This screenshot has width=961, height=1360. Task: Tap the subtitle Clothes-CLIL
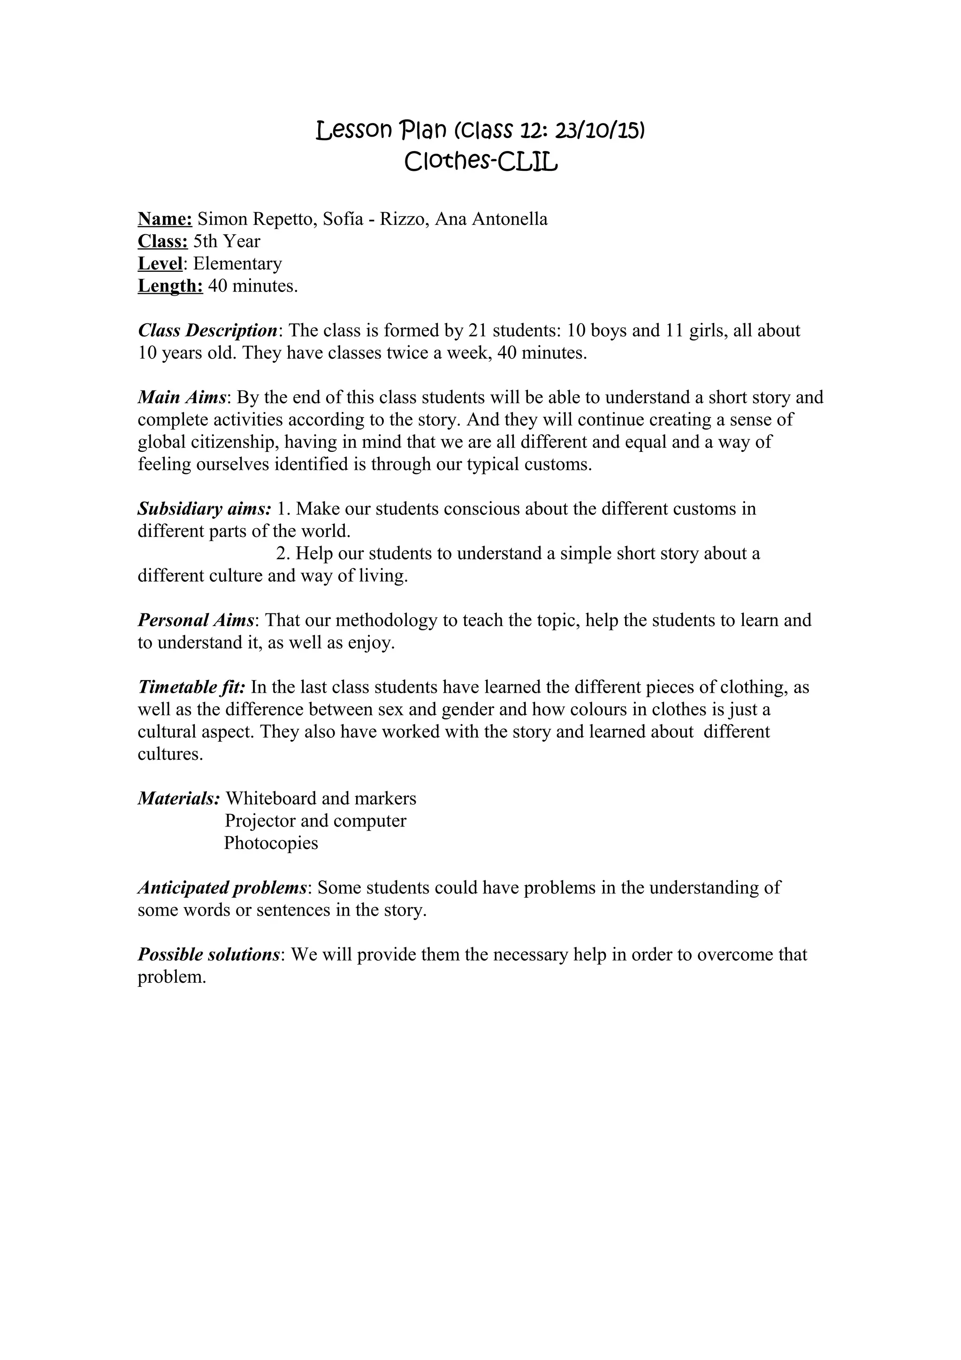click(481, 162)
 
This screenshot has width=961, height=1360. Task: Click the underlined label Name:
click(165, 219)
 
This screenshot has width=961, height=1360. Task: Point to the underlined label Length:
click(170, 286)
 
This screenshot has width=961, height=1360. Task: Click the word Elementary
click(237, 264)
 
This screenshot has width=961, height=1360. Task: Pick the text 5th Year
click(227, 242)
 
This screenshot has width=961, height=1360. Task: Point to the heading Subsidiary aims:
click(204, 509)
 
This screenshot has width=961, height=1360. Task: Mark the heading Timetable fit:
click(191, 687)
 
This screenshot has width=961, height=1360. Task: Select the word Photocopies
click(271, 843)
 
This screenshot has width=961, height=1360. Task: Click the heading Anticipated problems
click(222, 888)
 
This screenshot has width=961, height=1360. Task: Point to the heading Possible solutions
click(208, 955)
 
